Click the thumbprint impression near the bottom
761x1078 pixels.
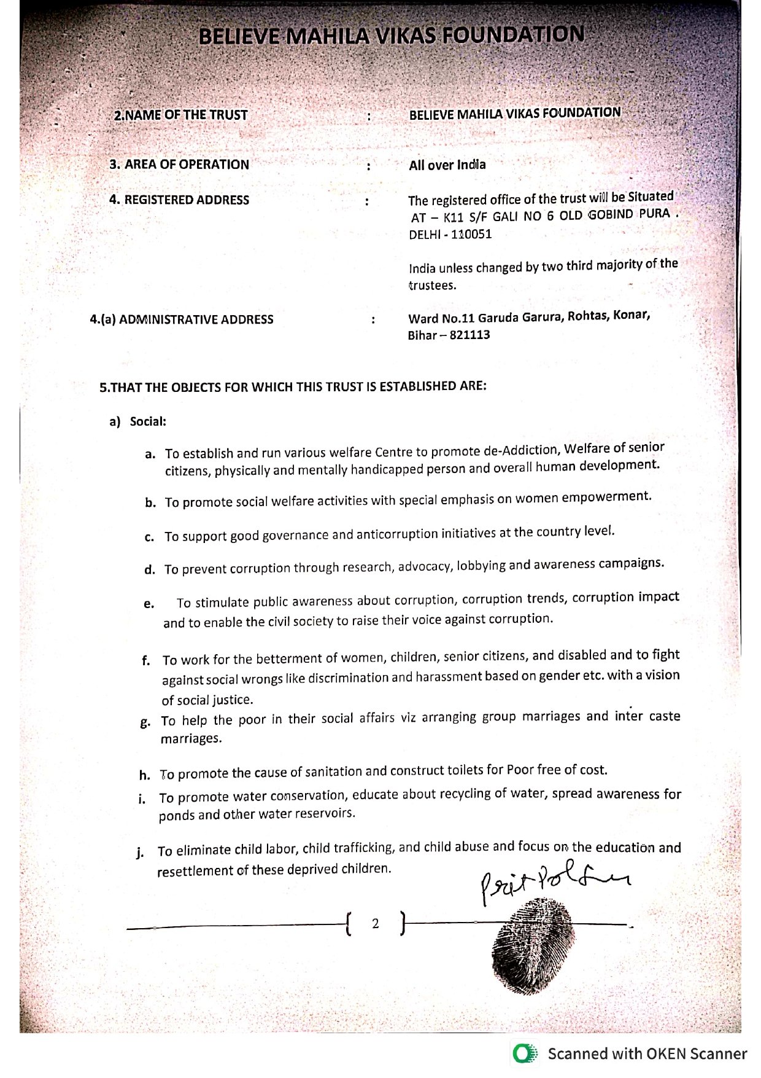(533, 945)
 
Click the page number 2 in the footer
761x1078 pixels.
(375, 923)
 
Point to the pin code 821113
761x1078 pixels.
(470, 335)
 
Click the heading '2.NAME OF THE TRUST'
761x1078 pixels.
(180, 115)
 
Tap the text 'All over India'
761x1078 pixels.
(447, 165)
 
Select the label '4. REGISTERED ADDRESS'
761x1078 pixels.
(179, 200)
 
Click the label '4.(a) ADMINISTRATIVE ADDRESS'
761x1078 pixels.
(182, 319)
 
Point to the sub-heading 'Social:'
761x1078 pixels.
(148, 421)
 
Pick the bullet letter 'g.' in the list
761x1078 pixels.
(145, 722)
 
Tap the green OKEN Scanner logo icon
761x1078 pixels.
(525, 1054)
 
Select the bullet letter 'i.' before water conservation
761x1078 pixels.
(142, 799)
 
